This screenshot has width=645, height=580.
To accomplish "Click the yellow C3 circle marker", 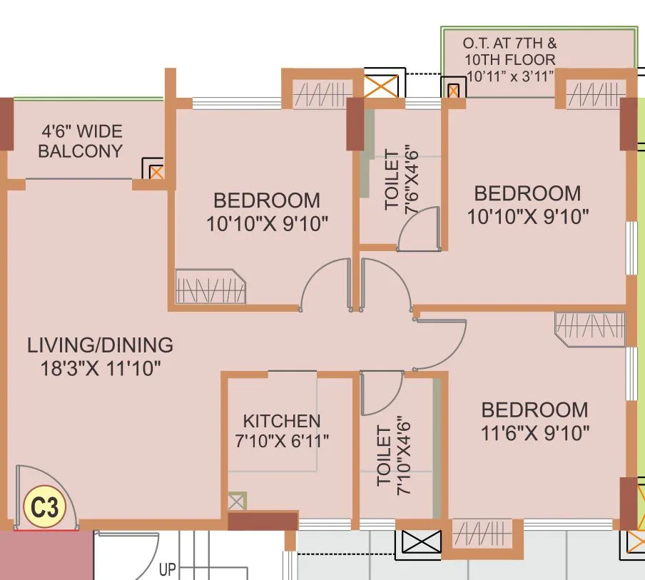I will [44, 509].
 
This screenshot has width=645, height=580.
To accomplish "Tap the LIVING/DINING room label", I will [100, 345].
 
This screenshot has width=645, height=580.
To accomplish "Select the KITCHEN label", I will [281, 421].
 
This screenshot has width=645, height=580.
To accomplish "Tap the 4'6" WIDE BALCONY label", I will [81, 141].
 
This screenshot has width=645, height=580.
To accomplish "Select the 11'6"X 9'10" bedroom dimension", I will [534, 432].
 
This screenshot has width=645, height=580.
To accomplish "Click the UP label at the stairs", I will [168, 570].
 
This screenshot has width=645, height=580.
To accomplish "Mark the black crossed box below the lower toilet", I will [421, 541].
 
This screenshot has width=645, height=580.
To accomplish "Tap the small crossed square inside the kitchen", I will [236, 501].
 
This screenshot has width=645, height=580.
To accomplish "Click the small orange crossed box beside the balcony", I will [156, 171].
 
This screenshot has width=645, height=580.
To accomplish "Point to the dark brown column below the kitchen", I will [263, 521].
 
